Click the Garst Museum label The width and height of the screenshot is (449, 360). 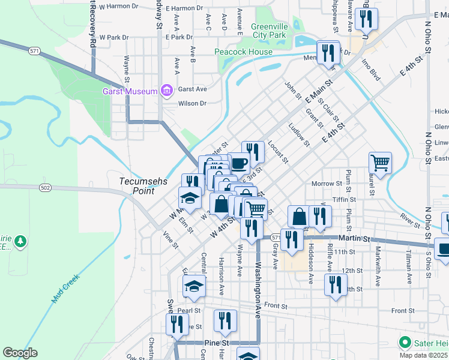click(130, 91)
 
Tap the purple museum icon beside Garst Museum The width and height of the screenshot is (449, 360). click(166, 91)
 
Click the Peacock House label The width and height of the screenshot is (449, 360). click(244, 52)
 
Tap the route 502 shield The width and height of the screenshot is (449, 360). click(45, 188)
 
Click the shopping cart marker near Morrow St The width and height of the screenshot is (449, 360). click(380, 162)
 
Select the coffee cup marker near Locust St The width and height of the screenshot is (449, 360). click(239, 163)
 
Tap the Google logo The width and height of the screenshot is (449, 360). click(20, 352)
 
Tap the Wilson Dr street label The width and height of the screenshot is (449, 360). click(192, 103)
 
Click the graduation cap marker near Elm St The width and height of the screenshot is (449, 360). click(190, 197)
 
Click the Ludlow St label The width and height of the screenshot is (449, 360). click(298, 135)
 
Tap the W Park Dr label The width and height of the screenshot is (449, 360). click(114, 37)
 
